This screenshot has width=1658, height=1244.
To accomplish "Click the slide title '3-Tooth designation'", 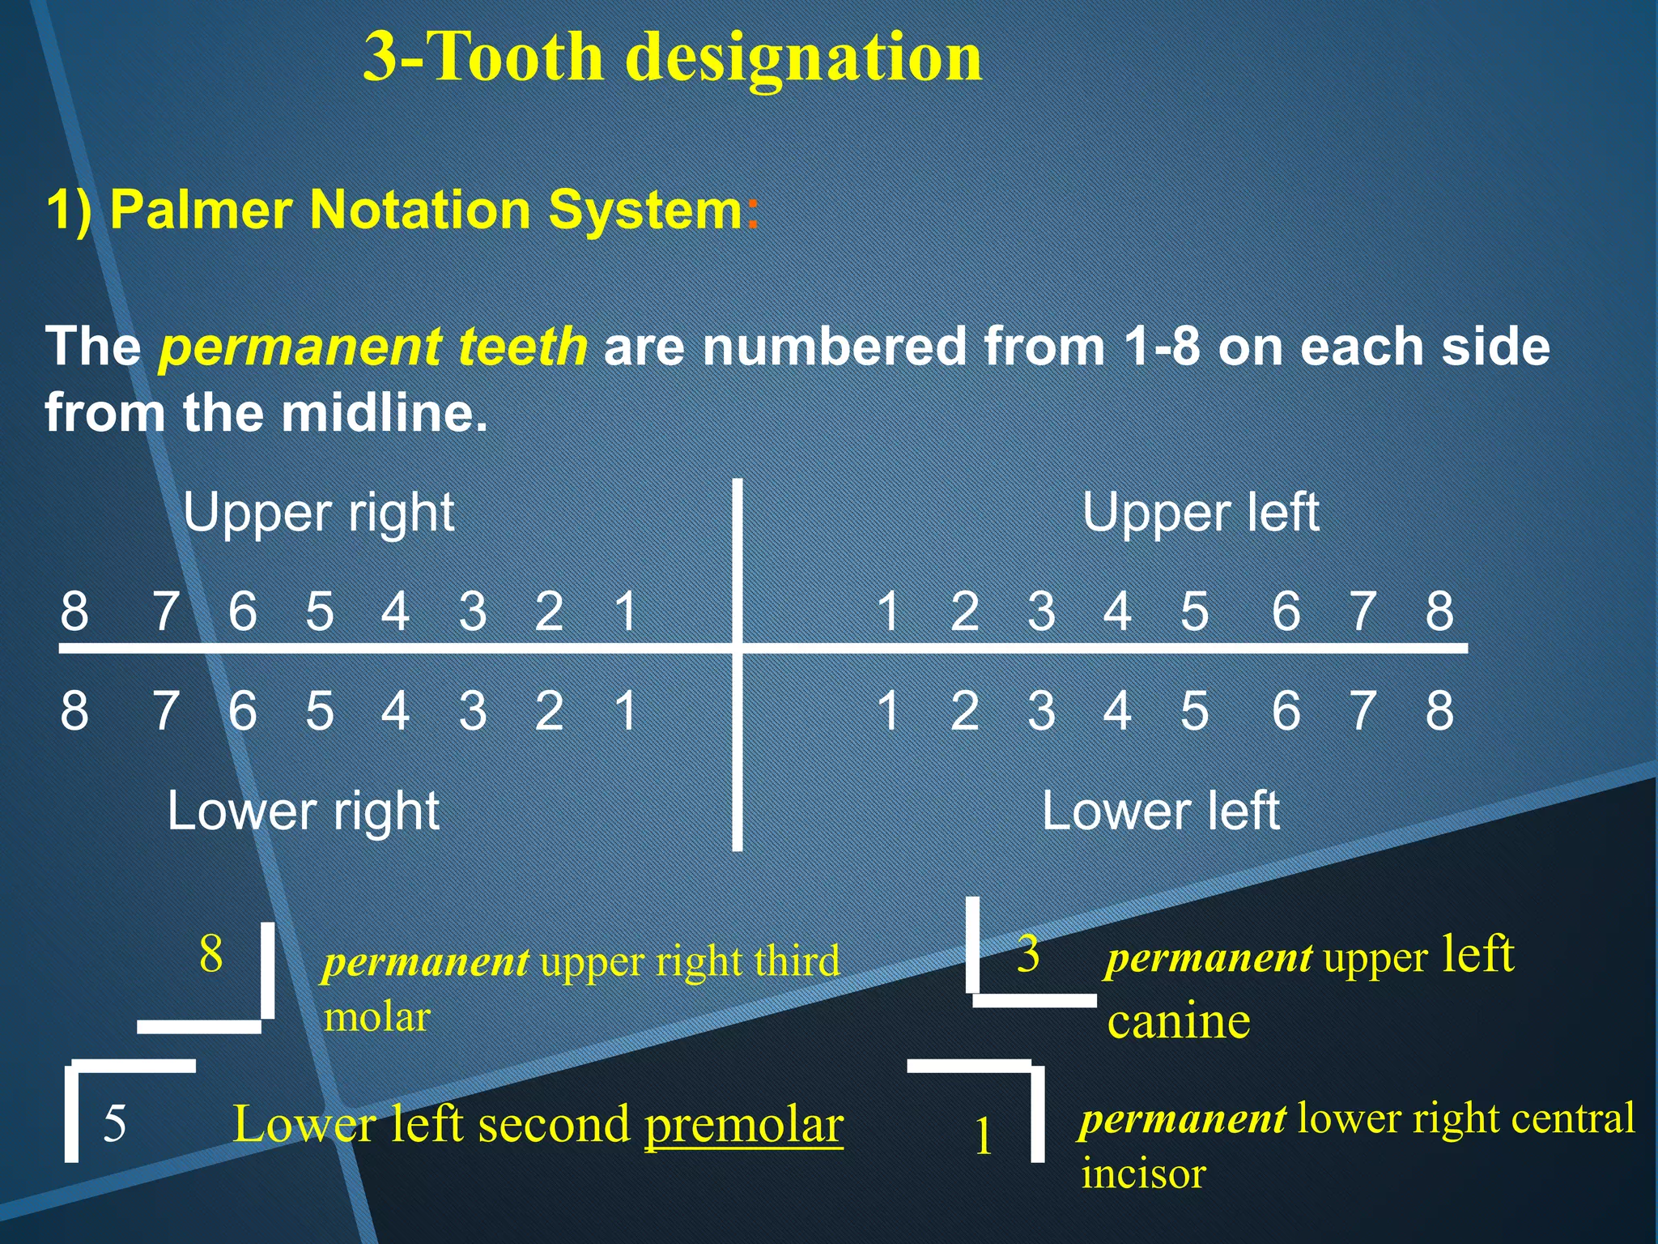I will click(x=672, y=57).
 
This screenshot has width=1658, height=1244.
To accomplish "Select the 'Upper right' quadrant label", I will click(x=318, y=513).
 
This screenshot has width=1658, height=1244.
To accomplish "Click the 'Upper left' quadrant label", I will click(x=1201, y=513).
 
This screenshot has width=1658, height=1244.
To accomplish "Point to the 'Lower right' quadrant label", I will click(x=304, y=811).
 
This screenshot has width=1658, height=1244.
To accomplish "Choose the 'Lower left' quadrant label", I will click(x=1160, y=811).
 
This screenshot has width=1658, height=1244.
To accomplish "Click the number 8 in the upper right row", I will click(x=74, y=611).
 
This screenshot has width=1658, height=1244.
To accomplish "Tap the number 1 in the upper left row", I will click(x=888, y=611).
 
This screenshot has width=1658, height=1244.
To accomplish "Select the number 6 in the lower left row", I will click(x=1286, y=710).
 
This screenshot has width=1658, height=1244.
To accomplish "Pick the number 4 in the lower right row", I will click(x=395, y=710).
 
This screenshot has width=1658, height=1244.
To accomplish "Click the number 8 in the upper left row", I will click(x=1439, y=611).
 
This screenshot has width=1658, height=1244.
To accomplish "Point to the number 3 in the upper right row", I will click(x=473, y=611).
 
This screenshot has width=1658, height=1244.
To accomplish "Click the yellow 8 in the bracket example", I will click(x=211, y=953).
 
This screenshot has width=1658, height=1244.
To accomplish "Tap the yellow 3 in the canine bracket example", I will click(x=1028, y=953).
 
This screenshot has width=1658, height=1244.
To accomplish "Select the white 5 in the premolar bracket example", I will click(x=115, y=1124).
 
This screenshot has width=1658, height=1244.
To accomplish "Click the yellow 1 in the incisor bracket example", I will click(x=983, y=1135).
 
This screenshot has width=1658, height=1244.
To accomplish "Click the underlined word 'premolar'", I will click(x=744, y=1124).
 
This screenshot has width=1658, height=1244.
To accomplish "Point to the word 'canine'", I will click(x=1179, y=1020).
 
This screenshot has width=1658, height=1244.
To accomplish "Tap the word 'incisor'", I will click(x=1144, y=1173).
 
